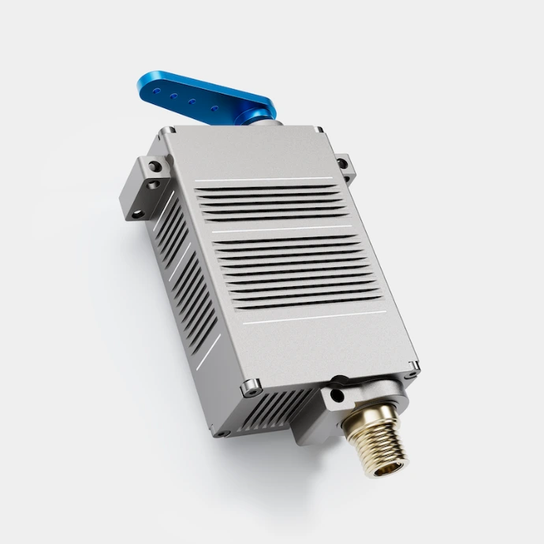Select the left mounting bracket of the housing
[143, 189]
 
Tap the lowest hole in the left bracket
[138, 213]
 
